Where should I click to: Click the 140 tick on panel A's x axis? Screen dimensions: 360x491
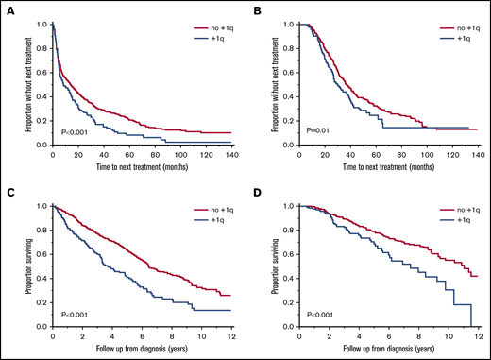tap(232, 153)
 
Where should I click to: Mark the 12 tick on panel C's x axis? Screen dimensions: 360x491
tap(232, 334)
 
